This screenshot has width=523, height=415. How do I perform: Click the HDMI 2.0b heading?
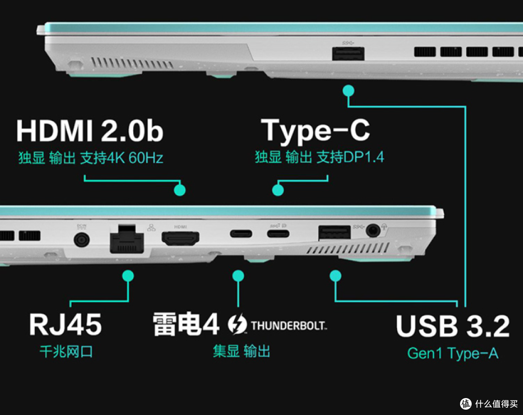click(x=90, y=131)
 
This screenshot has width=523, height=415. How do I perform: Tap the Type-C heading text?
click(x=315, y=131)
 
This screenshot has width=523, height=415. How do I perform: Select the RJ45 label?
click(x=65, y=324)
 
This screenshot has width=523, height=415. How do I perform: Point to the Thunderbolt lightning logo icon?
click(x=237, y=324)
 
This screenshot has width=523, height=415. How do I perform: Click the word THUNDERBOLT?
click(x=289, y=325)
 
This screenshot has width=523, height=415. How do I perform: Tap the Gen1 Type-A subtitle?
click(x=453, y=354)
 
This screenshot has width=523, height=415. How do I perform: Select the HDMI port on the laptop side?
click(x=181, y=238)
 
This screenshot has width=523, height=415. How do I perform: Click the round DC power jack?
click(x=82, y=240)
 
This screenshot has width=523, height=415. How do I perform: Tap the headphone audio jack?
click(x=373, y=230)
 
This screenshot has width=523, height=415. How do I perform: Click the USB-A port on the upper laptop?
click(x=348, y=53)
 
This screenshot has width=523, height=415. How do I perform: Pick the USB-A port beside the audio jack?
click(x=335, y=232)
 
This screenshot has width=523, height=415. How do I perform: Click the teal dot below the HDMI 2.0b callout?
click(x=180, y=190)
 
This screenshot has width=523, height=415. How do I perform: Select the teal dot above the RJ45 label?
click(x=128, y=276)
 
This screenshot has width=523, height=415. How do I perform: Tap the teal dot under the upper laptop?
click(x=349, y=91)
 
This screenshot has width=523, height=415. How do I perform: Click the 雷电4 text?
click(x=186, y=324)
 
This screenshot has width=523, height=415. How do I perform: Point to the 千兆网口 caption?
click(x=66, y=352)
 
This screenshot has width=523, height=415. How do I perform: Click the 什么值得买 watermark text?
click(x=496, y=404)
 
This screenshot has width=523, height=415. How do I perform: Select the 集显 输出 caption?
click(x=242, y=352)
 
